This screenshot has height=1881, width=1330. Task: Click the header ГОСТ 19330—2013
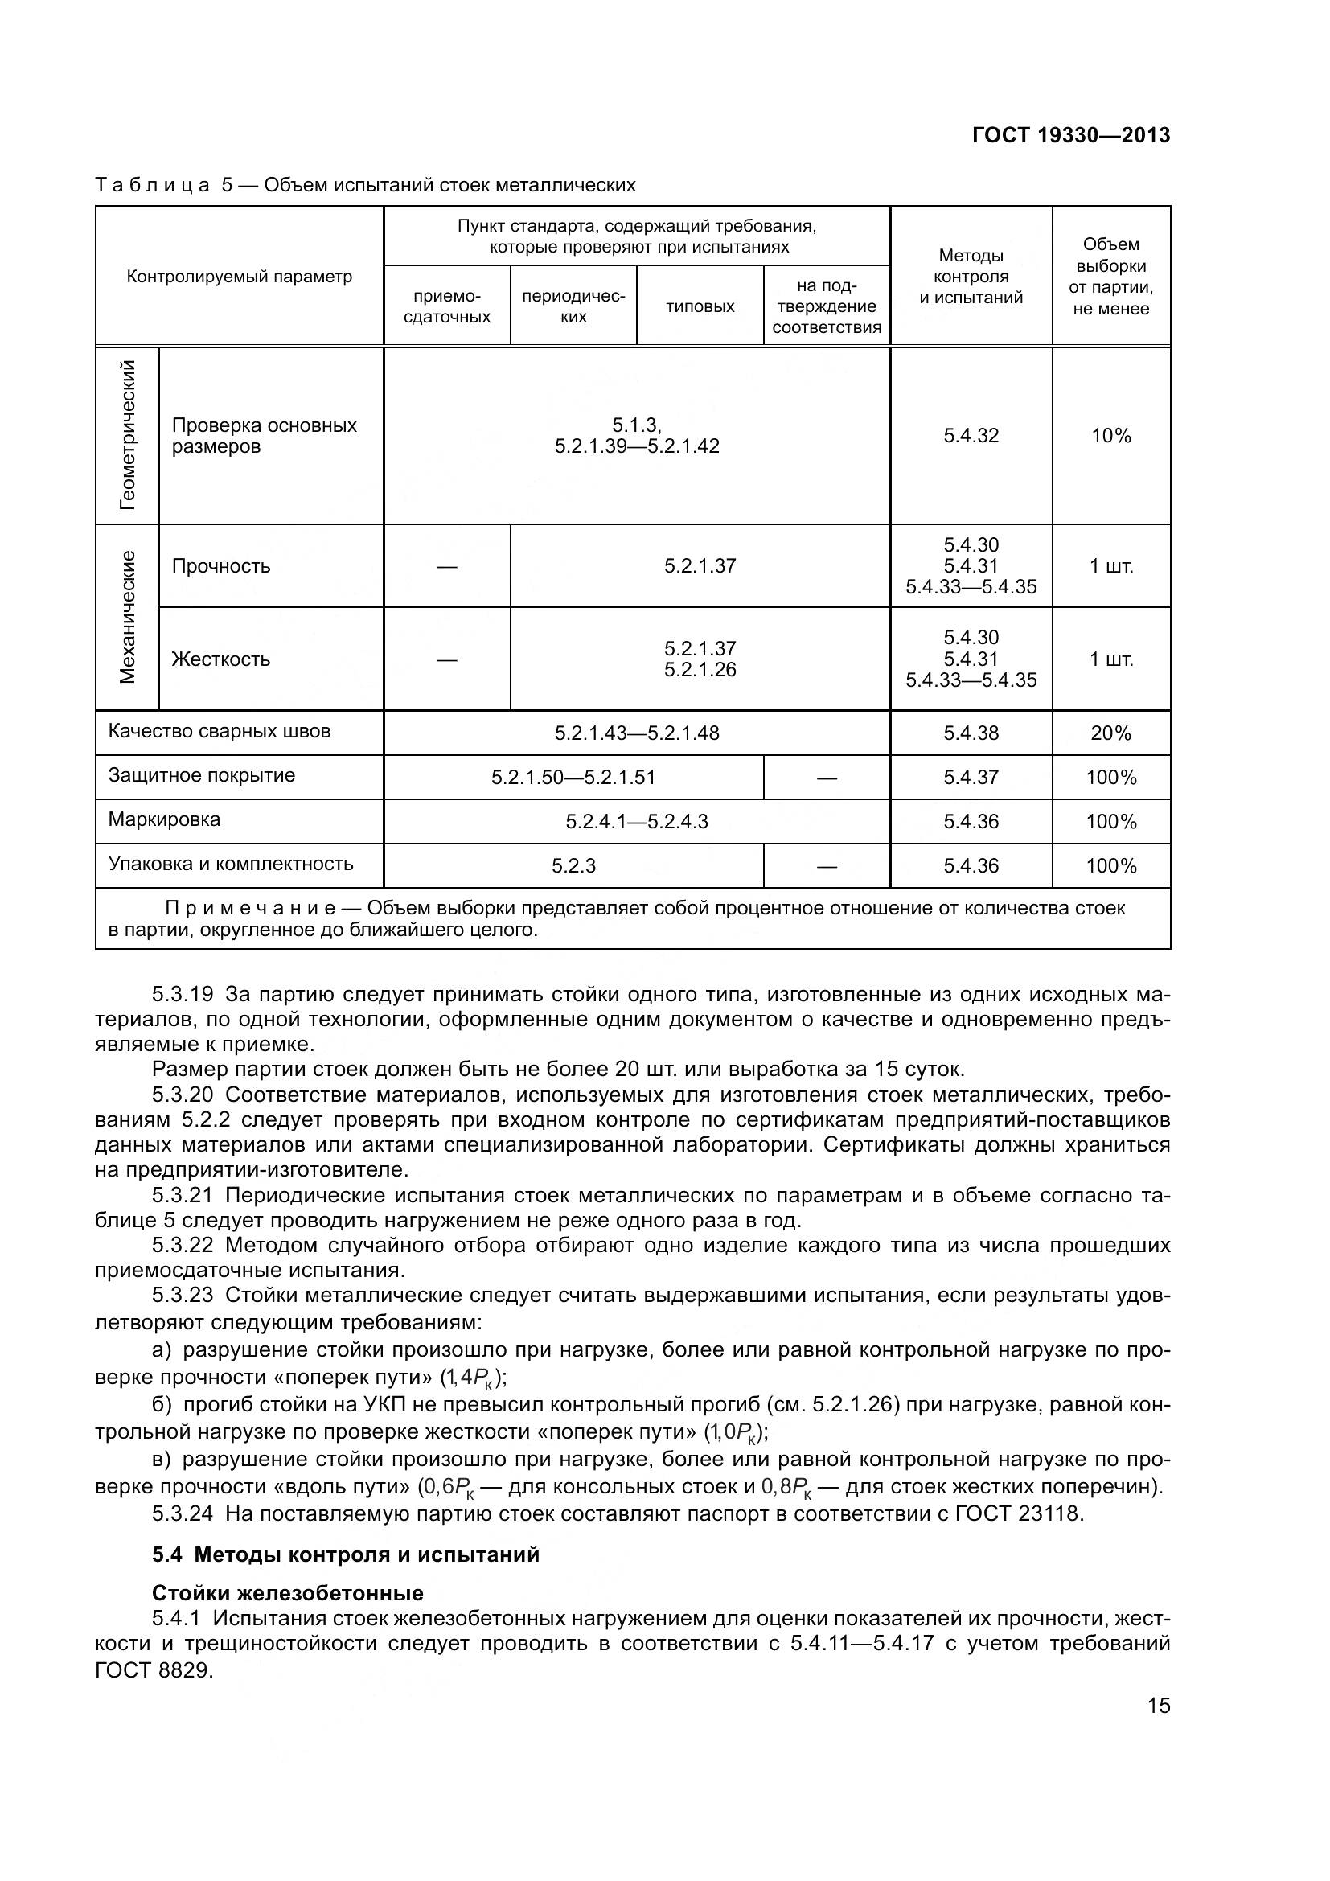(1070, 135)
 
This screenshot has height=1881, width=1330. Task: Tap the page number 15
(1158, 1706)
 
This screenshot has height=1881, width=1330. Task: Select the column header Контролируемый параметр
(239, 277)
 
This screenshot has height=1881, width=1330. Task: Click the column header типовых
(700, 306)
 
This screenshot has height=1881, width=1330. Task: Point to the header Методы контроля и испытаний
(971, 277)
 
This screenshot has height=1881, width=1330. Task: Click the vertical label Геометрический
(128, 435)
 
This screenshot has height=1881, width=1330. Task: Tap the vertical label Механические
(128, 616)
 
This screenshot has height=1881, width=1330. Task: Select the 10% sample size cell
(1110, 436)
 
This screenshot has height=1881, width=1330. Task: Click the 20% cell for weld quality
(1110, 733)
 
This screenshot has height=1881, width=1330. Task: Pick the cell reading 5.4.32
(971, 436)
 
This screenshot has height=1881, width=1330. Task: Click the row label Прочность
(221, 566)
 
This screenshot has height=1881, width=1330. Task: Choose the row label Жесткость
(221, 659)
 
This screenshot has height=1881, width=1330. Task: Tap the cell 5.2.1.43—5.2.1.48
(636, 733)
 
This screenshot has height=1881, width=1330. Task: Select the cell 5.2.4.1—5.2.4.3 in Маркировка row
(636, 822)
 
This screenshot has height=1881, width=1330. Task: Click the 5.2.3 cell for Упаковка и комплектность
(573, 866)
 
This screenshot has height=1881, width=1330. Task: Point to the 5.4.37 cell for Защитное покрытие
(971, 778)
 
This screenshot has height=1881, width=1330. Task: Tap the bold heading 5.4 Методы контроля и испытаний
(346, 1554)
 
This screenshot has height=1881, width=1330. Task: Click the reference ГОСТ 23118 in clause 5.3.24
(1020, 1513)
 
